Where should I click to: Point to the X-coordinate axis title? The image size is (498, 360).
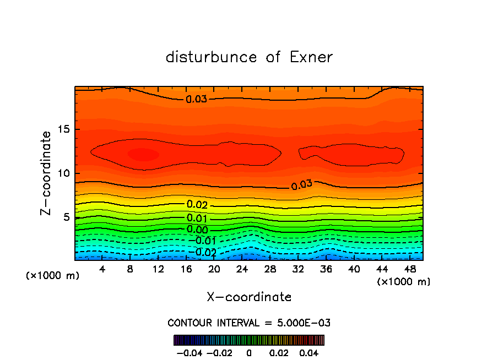click(249, 297)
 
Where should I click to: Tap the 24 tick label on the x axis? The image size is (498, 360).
click(242, 269)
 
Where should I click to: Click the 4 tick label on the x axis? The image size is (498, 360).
click(102, 269)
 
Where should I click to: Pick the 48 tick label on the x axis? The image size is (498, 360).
click(409, 269)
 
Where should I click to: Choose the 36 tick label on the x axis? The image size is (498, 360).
click(326, 269)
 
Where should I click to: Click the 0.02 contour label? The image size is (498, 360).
click(197, 205)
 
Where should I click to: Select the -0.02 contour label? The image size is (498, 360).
click(204, 252)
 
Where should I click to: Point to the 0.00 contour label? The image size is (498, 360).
click(197, 230)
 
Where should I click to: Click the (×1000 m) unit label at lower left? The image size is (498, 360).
click(52, 275)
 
